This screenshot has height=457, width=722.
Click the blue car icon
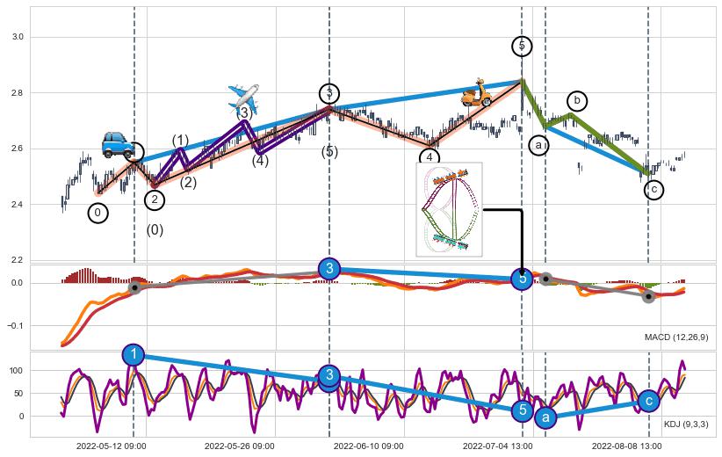[x=118, y=144]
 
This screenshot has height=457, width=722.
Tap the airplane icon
[x=243, y=97]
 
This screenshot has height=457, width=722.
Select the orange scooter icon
[x=477, y=93]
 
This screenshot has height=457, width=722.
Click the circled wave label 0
[x=98, y=213]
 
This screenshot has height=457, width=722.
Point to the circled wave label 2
[x=155, y=200]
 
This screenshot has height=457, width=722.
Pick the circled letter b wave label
[x=577, y=101]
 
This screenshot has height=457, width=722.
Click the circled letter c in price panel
[x=653, y=189]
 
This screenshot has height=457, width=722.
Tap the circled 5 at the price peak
[x=522, y=46]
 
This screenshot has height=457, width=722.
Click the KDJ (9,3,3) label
[x=686, y=424]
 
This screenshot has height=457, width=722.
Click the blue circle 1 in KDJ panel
[x=134, y=354]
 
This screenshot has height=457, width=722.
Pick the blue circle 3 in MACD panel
[x=329, y=268]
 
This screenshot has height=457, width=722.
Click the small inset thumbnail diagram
[x=449, y=209]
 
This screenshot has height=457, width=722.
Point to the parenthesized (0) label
[x=155, y=230]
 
